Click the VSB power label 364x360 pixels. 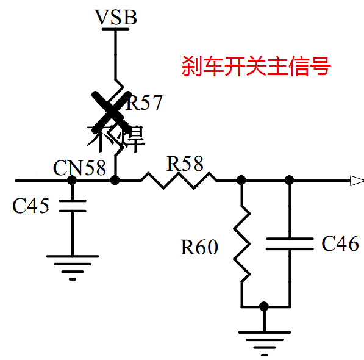[x=115, y=17]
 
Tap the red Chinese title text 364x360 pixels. [x=255, y=66]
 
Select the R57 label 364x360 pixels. [x=144, y=103]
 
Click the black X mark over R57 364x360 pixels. [x=110, y=109]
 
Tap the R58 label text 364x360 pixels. [x=185, y=164]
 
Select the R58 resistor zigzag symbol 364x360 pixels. [x=179, y=180]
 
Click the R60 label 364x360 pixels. [x=199, y=248]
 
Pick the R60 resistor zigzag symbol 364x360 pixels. [x=242, y=243]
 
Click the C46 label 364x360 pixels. [x=340, y=244]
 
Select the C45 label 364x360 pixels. [x=30, y=206]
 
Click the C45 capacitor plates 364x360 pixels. [x=72, y=206]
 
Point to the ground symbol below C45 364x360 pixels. [x=72, y=268]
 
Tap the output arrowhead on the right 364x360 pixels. [x=355, y=180]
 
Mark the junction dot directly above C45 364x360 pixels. [x=72, y=180]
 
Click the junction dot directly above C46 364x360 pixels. [x=289, y=180]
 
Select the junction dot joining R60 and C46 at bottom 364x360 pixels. [x=263, y=306]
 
